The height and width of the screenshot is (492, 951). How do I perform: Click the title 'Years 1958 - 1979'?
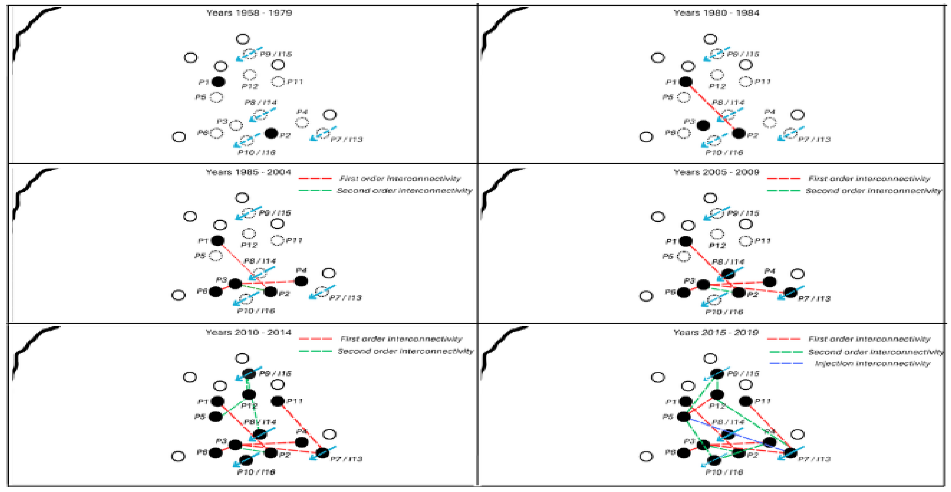coord(249,13)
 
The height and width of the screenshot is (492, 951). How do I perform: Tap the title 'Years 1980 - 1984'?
coord(716,13)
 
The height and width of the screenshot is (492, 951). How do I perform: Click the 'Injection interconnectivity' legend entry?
coord(872,363)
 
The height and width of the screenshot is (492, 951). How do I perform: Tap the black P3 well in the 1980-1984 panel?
coord(703,125)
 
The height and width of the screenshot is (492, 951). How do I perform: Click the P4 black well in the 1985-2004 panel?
coord(301,281)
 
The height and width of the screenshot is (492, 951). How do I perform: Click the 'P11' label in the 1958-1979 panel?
coord(295,81)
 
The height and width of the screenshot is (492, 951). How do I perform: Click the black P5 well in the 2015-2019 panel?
coord(683,417)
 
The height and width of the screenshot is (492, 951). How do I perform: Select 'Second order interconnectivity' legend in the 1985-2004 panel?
coord(404,191)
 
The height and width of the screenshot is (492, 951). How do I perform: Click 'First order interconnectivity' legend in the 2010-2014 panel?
coord(401,339)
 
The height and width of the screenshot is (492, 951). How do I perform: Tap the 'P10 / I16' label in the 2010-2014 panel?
coord(256,472)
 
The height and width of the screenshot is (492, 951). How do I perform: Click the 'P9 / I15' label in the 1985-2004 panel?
coord(275,213)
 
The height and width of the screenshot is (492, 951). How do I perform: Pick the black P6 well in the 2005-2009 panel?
coord(683,292)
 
